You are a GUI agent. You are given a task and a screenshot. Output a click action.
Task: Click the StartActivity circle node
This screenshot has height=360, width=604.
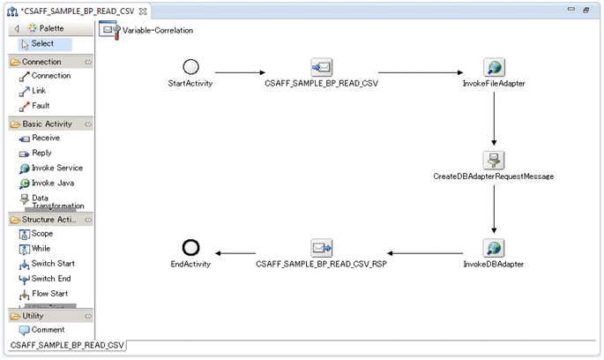[190, 67]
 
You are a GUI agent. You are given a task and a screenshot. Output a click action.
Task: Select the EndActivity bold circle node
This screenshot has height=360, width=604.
[190, 248]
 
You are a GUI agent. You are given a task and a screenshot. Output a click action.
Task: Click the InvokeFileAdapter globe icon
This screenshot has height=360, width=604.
[494, 68]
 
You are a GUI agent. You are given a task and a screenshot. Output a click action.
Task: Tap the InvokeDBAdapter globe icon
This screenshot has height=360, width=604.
[494, 248]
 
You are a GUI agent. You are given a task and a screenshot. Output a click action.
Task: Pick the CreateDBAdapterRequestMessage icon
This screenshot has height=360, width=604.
[494, 160]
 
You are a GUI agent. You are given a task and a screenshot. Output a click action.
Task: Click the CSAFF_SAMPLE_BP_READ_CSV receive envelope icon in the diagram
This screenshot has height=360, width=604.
[321, 68]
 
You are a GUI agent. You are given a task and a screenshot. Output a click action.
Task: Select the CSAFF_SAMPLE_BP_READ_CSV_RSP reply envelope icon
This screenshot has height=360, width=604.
[321, 248]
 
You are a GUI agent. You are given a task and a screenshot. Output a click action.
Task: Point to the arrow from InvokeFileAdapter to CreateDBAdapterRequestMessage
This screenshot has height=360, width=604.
[494, 114]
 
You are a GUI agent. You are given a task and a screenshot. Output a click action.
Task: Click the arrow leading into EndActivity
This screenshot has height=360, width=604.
[247, 254]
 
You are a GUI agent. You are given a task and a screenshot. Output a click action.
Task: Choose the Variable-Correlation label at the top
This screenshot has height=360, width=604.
[157, 30]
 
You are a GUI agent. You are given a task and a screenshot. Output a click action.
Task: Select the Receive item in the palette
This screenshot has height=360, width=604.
[45, 138]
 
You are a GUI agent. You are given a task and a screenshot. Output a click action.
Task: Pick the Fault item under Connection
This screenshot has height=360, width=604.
[41, 106]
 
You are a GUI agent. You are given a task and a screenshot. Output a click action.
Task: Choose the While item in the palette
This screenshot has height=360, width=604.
[41, 249]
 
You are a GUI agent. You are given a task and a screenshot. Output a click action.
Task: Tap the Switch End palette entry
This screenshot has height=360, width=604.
[51, 279]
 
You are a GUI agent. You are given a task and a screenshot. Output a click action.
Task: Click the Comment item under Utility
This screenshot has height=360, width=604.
[47, 330]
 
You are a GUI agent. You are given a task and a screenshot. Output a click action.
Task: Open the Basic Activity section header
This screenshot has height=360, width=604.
[47, 124]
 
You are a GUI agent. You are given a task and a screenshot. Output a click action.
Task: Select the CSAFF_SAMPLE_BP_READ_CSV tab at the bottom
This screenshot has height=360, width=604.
[67, 345]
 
